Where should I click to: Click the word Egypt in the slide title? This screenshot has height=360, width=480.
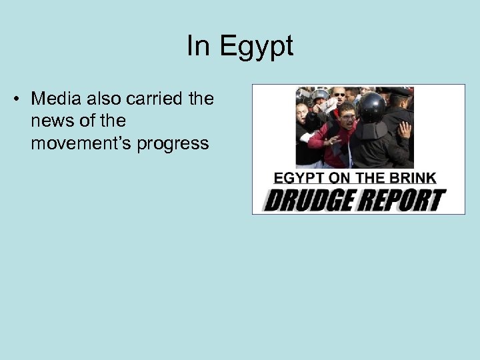257,46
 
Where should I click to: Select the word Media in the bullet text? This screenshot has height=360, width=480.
57,99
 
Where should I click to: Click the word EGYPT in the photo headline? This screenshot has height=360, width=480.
296,178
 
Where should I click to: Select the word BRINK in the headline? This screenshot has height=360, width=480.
414,178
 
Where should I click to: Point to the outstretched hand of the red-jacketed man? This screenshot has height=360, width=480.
332,141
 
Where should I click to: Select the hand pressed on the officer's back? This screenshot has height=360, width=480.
405,129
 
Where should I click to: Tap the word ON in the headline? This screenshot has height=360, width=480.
337,178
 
